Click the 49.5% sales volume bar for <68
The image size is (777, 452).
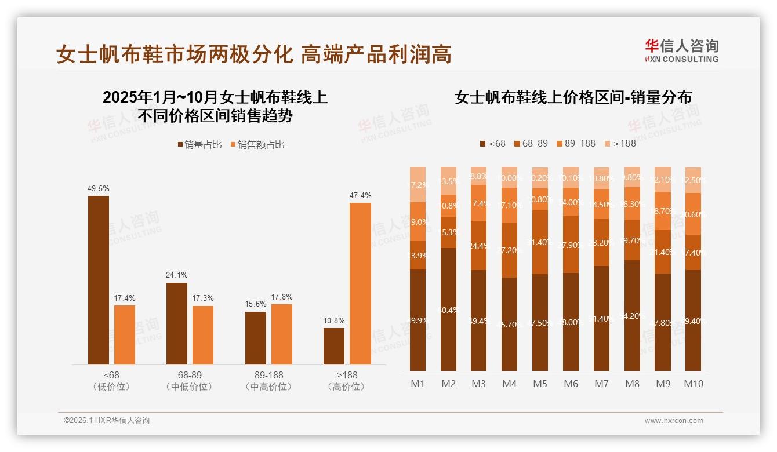(x=99, y=280)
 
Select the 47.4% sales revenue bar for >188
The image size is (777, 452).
(x=360, y=283)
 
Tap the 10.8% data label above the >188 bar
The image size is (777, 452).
(x=333, y=320)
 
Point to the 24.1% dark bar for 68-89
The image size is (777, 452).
(x=177, y=323)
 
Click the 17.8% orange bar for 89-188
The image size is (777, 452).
(x=282, y=334)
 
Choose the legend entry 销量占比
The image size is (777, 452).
(x=199, y=145)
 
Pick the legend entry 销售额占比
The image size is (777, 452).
(x=257, y=145)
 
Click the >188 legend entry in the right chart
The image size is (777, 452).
(x=620, y=143)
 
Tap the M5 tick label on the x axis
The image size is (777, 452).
(x=540, y=384)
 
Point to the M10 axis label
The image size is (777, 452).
(x=694, y=384)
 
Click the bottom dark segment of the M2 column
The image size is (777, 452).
(x=448, y=309)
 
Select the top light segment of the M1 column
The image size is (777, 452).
(x=417, y=184)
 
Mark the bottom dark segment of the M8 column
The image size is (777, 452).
(x=632, y=315)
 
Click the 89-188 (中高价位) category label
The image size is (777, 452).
(x=268, y=381)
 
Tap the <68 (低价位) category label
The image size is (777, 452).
(x=111, y=381)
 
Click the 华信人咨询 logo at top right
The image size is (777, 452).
(x=681, y=50)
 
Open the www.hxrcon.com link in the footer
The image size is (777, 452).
(x=674, y=421)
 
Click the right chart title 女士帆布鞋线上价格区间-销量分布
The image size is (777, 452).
(x=573, y=97)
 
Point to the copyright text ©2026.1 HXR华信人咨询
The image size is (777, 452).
(x=107, y=421)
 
